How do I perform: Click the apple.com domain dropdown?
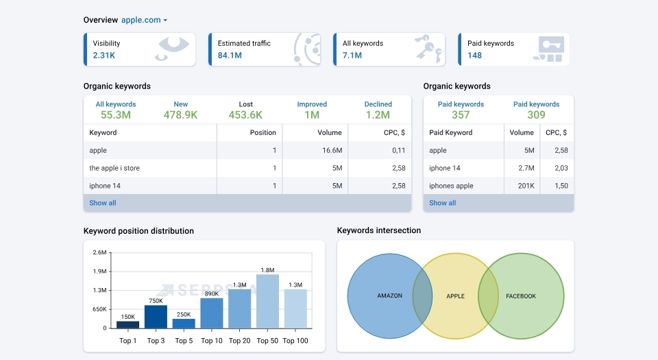145,20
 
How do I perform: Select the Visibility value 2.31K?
105,55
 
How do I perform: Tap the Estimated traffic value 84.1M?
230,55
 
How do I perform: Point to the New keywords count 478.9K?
180,115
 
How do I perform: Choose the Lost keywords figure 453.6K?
245,115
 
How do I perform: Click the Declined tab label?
378,104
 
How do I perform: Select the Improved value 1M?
312,115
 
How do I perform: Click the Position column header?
263,132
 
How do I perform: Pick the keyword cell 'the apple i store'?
114,168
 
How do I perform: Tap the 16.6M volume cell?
332,150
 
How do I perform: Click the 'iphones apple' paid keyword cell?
451,186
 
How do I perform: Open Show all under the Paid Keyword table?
442,203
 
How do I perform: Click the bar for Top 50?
267,301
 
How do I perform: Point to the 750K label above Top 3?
156,300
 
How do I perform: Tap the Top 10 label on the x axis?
212,341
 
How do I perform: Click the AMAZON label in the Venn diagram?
389,296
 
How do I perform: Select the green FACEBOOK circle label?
521,296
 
